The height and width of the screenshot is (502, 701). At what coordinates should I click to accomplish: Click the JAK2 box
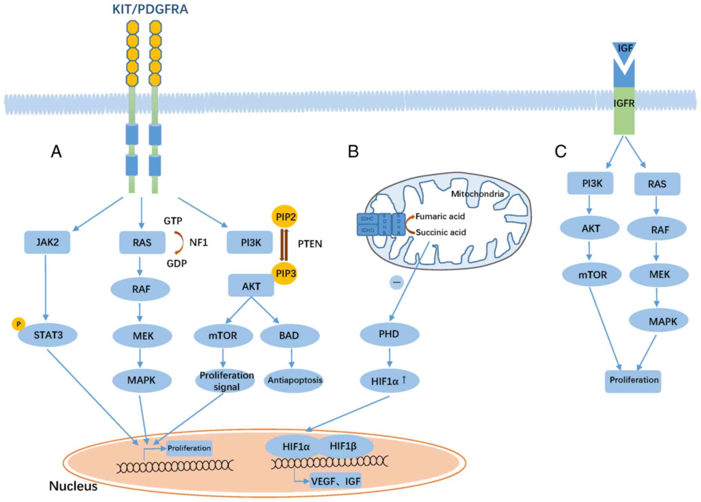47,242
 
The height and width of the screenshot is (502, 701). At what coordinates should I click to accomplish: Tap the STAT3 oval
48,334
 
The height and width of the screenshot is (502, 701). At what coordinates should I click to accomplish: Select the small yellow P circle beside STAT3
18,324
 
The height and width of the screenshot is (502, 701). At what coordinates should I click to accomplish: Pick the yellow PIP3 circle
285,273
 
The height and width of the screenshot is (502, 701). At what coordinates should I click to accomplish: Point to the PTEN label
310,244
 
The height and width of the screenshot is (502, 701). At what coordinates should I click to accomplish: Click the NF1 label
198,243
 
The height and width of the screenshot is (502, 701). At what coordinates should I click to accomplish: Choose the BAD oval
289,335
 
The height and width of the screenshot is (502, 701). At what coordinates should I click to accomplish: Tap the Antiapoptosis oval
295,380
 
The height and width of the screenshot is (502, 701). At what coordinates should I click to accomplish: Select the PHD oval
389,334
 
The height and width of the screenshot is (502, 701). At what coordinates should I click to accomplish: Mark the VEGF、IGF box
335,481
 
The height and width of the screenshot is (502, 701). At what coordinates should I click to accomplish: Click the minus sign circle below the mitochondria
397,282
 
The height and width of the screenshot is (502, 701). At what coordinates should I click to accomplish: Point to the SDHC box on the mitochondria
367,219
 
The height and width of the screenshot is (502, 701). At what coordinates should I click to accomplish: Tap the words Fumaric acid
440,217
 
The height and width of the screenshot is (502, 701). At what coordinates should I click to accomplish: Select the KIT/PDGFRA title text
150,9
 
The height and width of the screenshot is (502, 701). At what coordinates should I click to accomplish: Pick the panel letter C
560,151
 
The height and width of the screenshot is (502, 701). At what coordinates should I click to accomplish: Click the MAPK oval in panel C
659,321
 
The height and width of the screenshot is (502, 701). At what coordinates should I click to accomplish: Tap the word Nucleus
73,486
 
